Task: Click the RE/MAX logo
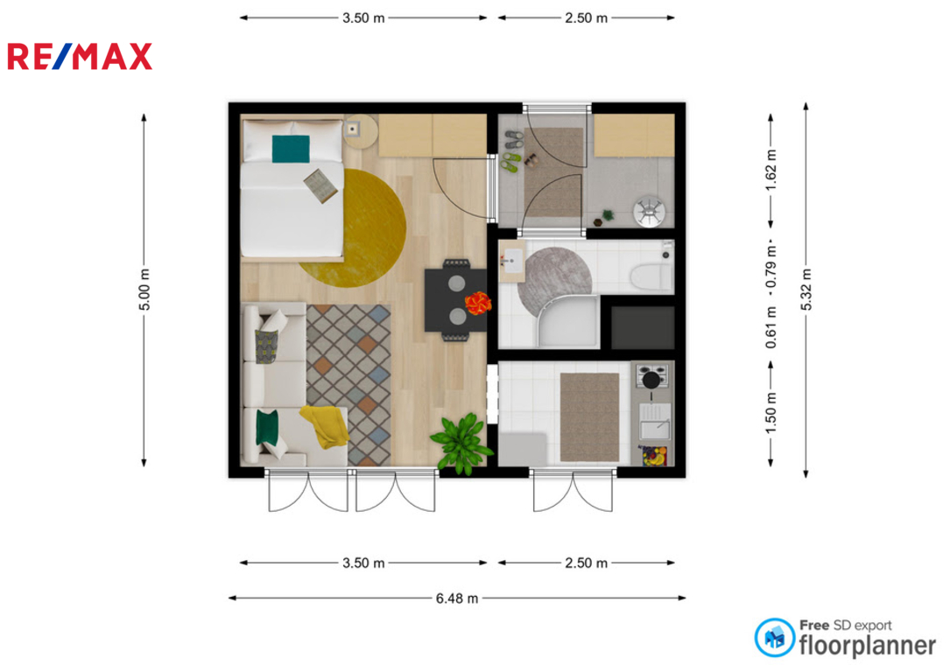click(x=80, y=57)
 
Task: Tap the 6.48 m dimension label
click(x=457, y=598)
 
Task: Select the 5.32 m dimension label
click(x=806, y=290)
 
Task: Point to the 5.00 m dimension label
click(x=144, y=290)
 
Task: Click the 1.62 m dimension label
click(x=771, y=170)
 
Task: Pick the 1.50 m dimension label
click(x=771, y=413)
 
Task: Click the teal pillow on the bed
click(x=291, y=149)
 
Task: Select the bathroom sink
click(x=512, y=261)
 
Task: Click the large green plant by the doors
click(x=461, y=443)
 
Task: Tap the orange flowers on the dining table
click(x=477, y=303)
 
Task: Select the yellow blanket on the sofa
click(x=326, y=426)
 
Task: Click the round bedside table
click(x=361, y=132)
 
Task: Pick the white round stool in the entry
click(x=649, y=211)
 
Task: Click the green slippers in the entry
click(x=510, y=162)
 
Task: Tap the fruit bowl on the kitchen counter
click(x=652, y=455)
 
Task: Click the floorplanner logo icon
click(x=774, y=638)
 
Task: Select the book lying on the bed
click(x=320, y=185)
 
